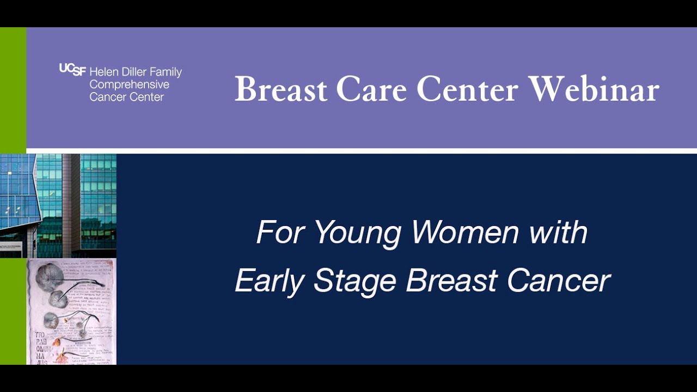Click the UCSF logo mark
tap(72, 70)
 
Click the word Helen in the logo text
tap(102, 72)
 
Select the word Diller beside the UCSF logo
tap(131, 72)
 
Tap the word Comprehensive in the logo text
tap(129, 85)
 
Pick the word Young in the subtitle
tap(358, 234)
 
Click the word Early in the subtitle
tap(270, 281)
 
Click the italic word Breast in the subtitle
tap(451, 281)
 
